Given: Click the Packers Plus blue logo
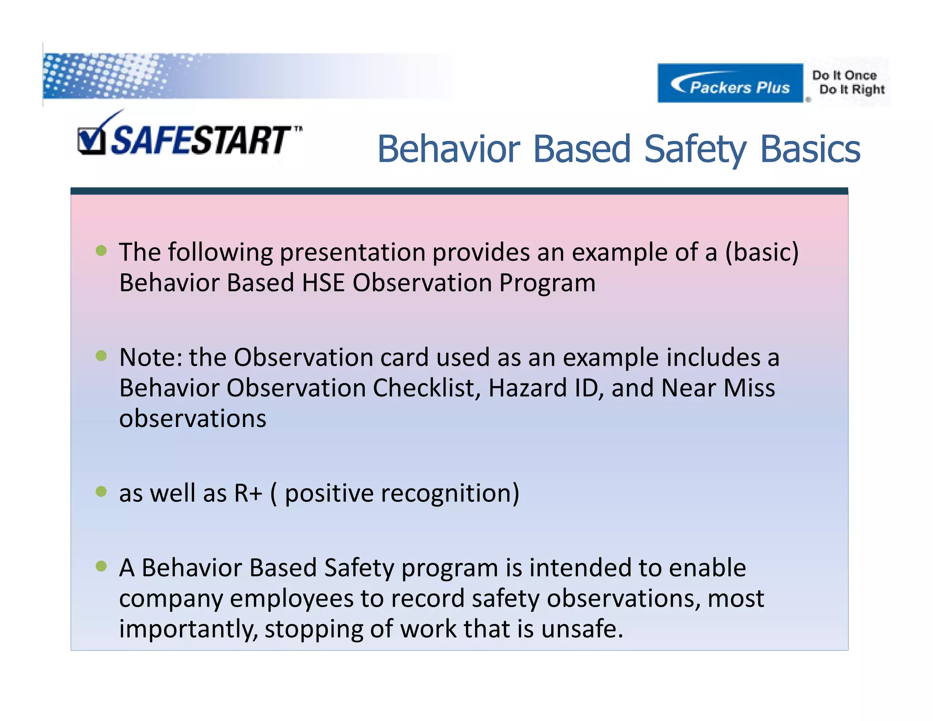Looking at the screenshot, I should coord(730,83).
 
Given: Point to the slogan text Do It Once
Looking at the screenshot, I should coord(844,75).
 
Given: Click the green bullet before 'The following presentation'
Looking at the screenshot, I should coord(101,251).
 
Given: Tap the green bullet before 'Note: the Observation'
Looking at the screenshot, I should coord(101,356).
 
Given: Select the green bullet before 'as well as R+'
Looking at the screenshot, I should coord(101,491).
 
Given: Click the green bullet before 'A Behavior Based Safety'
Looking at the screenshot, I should coord(101,566).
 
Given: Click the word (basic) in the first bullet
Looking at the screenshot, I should coord(762,252).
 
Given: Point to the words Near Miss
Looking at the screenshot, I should coord(718,388).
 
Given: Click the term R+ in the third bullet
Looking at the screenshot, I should coord(248,493).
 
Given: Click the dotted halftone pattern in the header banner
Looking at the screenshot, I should coord(105,75).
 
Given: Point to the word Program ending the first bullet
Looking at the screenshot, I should coord(547,283).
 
